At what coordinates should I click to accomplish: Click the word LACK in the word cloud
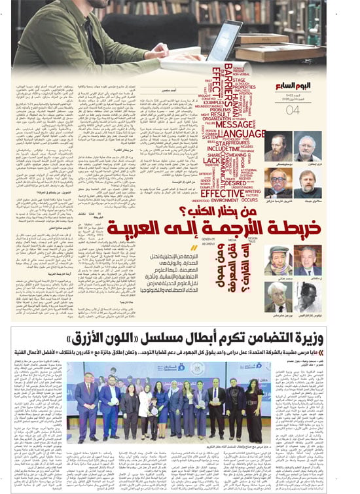click(x=212, y=161)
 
